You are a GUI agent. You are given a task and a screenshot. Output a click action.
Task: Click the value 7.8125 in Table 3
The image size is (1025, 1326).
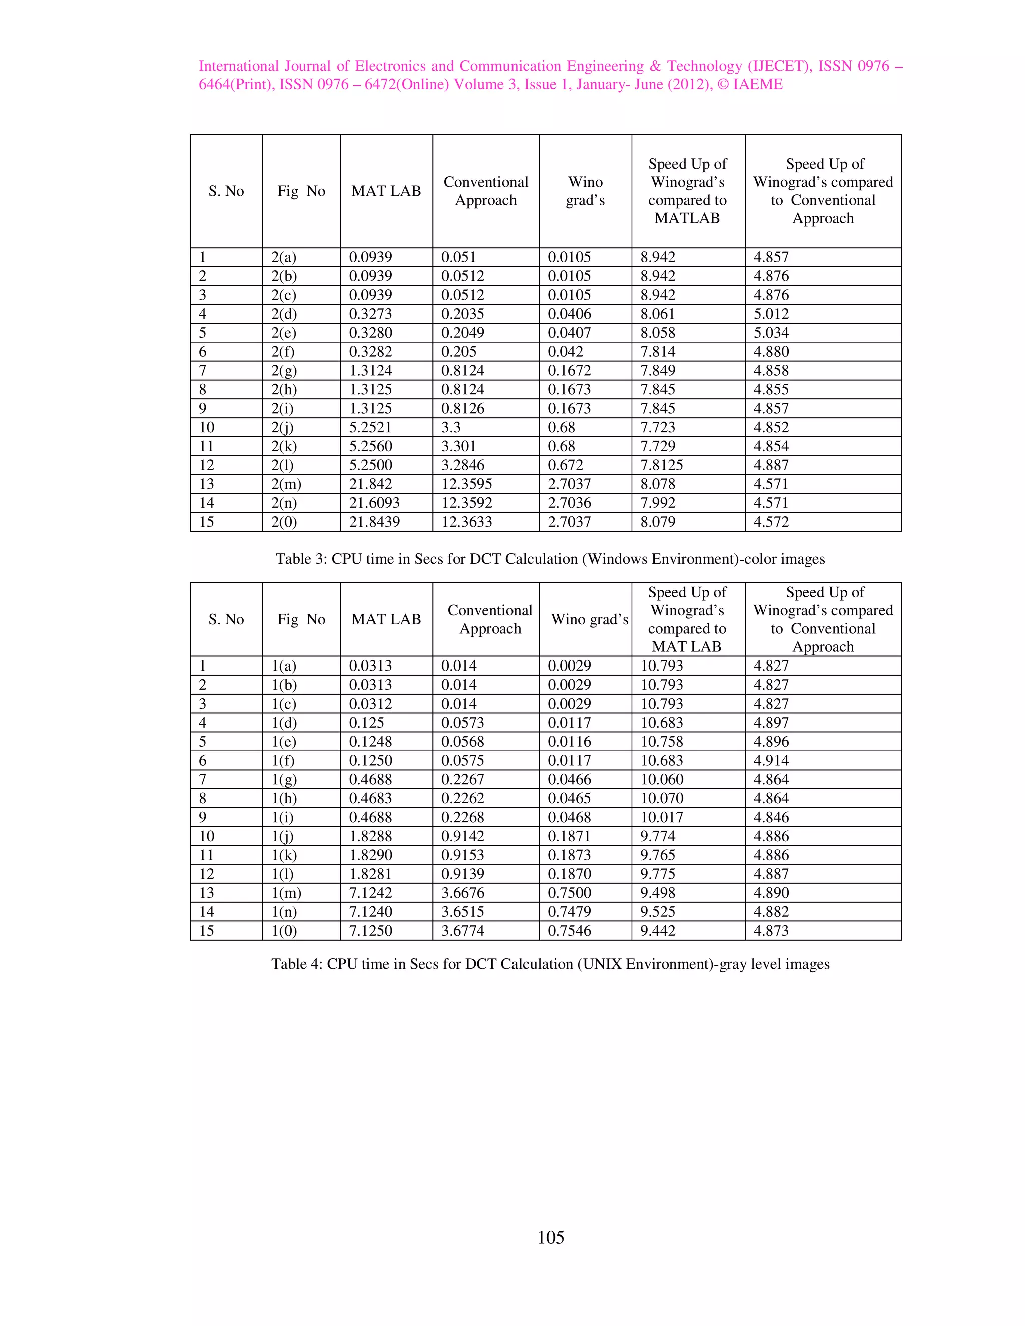661,465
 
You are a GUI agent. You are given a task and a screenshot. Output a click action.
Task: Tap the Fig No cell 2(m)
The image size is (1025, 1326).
286,484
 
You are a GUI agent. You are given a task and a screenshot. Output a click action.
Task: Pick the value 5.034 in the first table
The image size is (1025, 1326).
771,333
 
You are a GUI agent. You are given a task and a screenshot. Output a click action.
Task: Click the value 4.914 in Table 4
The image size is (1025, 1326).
771,760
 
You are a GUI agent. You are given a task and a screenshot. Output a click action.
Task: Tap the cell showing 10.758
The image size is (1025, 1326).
661,742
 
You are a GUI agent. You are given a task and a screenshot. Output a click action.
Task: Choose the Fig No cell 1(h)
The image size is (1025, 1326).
284,798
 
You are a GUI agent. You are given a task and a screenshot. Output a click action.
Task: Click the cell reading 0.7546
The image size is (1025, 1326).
569,931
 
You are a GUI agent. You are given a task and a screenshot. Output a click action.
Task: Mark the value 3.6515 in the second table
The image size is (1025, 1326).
463,911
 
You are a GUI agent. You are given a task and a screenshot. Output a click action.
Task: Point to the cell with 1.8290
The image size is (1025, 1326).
370,855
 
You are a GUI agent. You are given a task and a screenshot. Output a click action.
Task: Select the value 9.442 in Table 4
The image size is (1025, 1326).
657,931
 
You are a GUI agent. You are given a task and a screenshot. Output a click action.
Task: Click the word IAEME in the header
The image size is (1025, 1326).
758,85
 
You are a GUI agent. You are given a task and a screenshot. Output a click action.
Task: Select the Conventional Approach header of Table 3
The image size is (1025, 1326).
486,191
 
